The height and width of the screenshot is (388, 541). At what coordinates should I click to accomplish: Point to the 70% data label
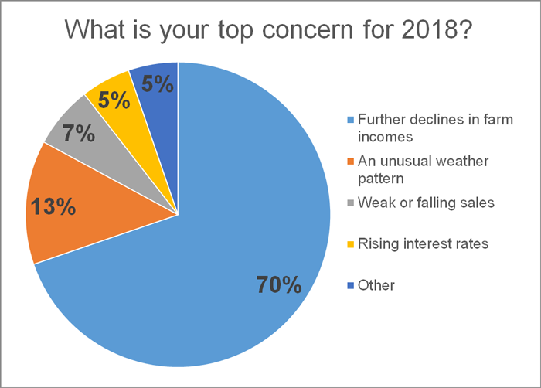(x=278, y=285)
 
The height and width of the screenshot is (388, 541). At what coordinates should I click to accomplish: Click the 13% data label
(x=52, y=208)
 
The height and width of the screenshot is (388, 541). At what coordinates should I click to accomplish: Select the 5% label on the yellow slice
(x=113, y=101)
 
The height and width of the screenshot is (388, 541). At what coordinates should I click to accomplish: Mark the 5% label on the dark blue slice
(x=158, y=83)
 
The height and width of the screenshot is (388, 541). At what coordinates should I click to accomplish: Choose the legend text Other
(x=377, y=285)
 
